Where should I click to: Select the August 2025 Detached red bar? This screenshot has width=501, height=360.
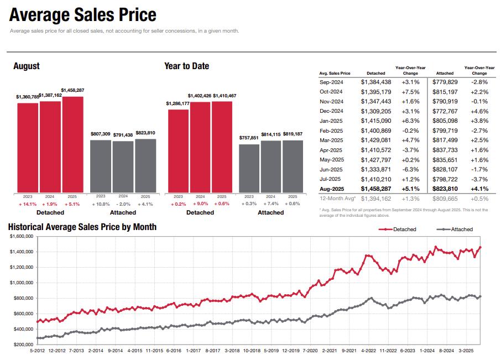72,145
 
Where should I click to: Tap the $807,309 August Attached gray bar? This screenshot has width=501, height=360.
101,166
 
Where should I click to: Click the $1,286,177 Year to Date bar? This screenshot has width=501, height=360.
178,151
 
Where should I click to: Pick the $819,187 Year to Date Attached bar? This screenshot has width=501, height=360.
293,166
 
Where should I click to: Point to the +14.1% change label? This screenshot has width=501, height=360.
28,204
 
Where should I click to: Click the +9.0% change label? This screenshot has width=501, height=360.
200,204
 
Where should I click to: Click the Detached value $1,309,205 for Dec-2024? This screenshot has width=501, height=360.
376,111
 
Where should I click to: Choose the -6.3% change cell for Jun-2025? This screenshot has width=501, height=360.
410,169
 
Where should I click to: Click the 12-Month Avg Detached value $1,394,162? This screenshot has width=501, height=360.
376,199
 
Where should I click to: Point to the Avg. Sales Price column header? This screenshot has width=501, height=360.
335,73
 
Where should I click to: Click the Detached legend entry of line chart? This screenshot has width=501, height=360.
404,229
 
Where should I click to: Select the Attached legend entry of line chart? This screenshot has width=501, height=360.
462,229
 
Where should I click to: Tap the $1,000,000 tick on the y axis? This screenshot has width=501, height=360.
22,283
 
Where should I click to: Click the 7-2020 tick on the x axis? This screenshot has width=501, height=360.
310,351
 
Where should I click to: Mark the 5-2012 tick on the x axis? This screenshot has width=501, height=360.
36,351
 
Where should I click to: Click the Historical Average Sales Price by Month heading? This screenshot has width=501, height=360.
82,227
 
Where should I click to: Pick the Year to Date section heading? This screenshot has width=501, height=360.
186,66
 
